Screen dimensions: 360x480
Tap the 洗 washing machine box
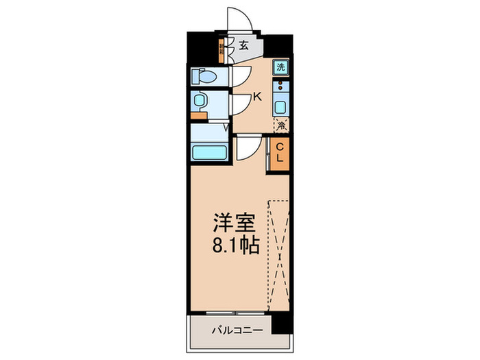pos(280,67)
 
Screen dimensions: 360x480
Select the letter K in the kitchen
pos(257,97)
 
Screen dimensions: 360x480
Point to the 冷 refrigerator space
pos(281,125)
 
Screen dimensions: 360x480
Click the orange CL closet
pos(280,152)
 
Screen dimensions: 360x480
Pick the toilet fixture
pos(205,76)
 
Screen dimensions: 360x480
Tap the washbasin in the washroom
pos(199,101)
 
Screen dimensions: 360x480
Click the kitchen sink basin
pos(281,107)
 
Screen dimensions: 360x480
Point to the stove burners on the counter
pos(281,87)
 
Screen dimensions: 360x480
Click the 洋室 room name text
pos(235,224)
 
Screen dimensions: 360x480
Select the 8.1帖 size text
pos(235,245)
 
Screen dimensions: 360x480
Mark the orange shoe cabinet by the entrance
pos(221,49)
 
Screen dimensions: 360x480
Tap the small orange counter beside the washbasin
pos(200,115)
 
